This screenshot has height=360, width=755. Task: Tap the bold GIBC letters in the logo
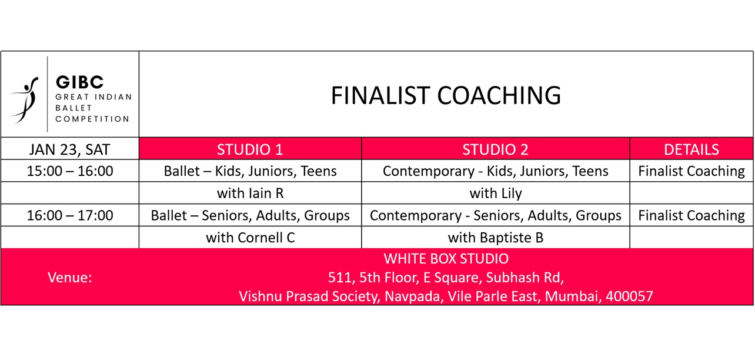[x=79, y=82]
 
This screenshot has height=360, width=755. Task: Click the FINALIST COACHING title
[x=446, y=95]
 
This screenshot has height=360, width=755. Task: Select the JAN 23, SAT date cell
[x=70, y=149]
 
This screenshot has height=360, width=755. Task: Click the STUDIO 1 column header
[x=250, y=149]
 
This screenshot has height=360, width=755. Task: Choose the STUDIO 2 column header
[x=495, y=149]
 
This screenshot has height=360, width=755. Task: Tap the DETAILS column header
[x=691, y=149]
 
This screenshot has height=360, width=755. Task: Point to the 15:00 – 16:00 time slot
[x=70, y=171]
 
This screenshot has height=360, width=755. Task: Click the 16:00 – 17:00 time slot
[x=70, y=215]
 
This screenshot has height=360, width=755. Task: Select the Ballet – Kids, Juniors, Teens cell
[x=250, y=171]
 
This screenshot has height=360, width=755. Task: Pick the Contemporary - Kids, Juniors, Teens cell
[x=496, y=171]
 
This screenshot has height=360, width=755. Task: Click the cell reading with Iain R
[x=250, y=193]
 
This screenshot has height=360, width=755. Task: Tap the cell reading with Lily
[x=496, y=194]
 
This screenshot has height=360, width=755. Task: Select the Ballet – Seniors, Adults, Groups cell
[x=250, y=215]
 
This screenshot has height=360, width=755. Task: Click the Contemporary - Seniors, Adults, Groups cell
[x=496, y=215]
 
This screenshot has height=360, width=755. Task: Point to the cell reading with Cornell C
[x=250, y=238]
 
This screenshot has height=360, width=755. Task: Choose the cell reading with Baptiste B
[x=496, y=238]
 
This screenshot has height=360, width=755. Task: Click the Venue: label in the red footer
[x=70, y=278]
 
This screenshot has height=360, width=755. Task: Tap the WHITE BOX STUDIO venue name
[x=446, y=259]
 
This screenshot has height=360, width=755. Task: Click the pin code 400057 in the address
[x=629, y=296]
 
